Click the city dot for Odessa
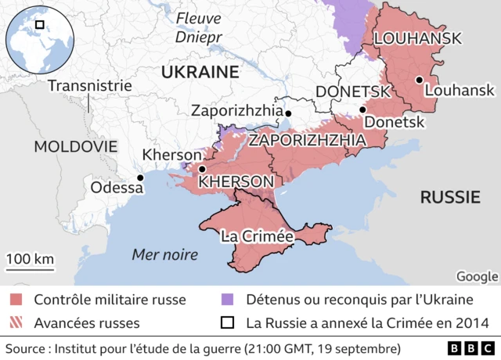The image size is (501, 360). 140,178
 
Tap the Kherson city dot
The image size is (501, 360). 202,169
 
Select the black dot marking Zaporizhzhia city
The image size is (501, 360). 288,114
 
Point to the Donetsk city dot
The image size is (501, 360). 362,110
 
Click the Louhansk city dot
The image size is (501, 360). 420,80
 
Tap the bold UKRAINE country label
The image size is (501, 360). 199,72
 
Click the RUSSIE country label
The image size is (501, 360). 450,196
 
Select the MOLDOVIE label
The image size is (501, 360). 75,146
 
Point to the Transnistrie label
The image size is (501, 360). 89,85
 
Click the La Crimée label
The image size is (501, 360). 258,236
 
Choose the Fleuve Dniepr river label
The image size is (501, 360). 199,27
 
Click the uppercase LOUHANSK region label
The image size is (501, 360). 417,38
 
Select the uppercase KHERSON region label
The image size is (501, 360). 236,182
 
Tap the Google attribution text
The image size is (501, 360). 477,275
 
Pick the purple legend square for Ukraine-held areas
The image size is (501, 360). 228,300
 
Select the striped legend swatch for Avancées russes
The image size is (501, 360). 16,322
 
